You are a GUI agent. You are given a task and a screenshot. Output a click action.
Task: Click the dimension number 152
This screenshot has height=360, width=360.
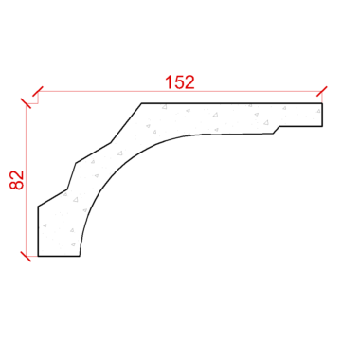pos(180,82)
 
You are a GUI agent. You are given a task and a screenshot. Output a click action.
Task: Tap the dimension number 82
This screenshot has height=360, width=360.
pos(17,180)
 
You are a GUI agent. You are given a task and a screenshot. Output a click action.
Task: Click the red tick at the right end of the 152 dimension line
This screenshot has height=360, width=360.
pos(322,91)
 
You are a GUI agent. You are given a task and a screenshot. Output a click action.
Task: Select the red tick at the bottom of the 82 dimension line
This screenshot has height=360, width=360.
pos(26,256)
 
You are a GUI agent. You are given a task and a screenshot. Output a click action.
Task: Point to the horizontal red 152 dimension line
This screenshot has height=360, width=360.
pos(180,92)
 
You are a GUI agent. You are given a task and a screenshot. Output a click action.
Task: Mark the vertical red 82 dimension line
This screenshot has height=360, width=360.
pos(26,180)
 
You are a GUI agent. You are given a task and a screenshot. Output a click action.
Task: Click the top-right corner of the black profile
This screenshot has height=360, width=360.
pos(322,103)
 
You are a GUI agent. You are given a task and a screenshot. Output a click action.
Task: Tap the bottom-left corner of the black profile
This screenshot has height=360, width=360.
pos(38,256)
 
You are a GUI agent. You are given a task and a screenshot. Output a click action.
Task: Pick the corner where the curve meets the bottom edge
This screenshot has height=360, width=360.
pos(80,256)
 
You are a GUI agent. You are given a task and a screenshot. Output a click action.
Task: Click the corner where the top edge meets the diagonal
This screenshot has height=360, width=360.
pos(141,103)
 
